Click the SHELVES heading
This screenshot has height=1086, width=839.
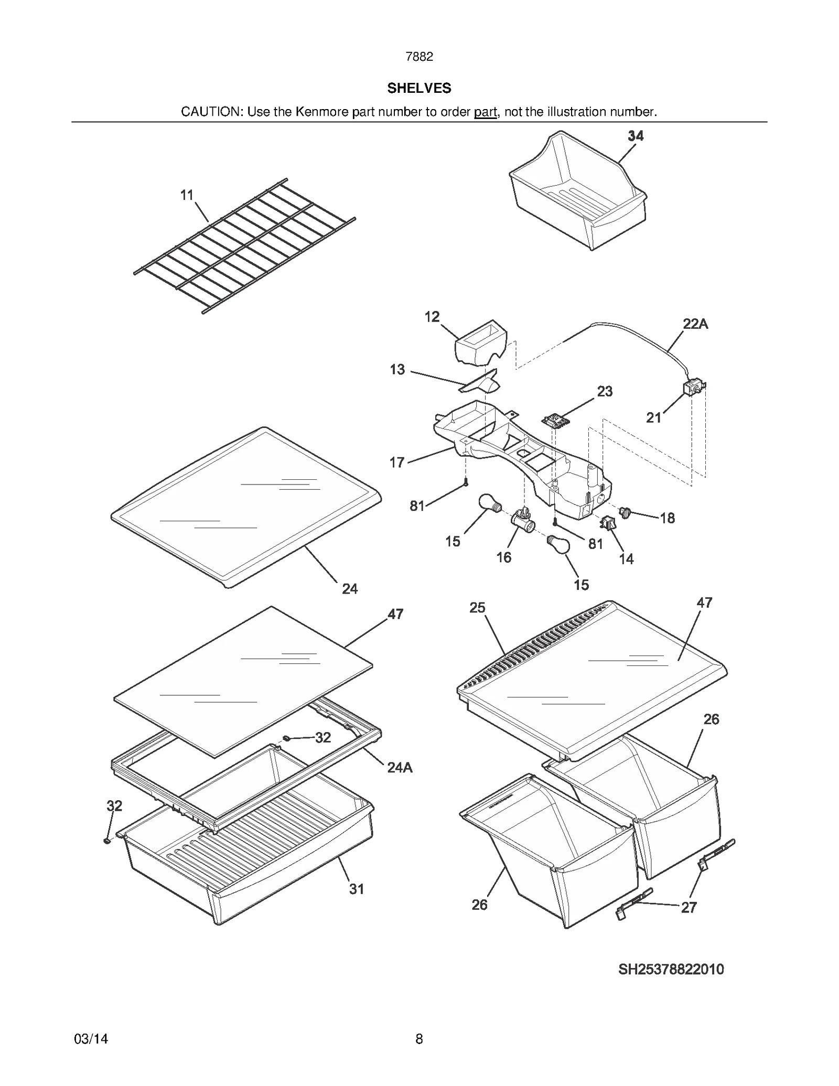point(419,88)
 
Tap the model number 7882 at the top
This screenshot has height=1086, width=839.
point(419,57)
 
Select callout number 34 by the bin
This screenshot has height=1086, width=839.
point(636,136)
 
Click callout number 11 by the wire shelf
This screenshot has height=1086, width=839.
point(187,195)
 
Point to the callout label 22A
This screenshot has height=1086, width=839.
point(695,324)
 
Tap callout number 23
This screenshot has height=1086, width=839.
point(605,391)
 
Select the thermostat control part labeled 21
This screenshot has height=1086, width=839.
point(694,389)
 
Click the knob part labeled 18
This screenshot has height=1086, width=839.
point(625,512)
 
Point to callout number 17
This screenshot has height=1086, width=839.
point(397,463)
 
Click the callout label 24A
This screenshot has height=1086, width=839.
point(400,768)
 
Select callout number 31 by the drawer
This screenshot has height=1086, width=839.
point(357,889)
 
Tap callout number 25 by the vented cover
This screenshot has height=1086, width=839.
point(477,608)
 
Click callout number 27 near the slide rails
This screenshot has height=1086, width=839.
point(689,908)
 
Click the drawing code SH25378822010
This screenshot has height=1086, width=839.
point(671,969)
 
